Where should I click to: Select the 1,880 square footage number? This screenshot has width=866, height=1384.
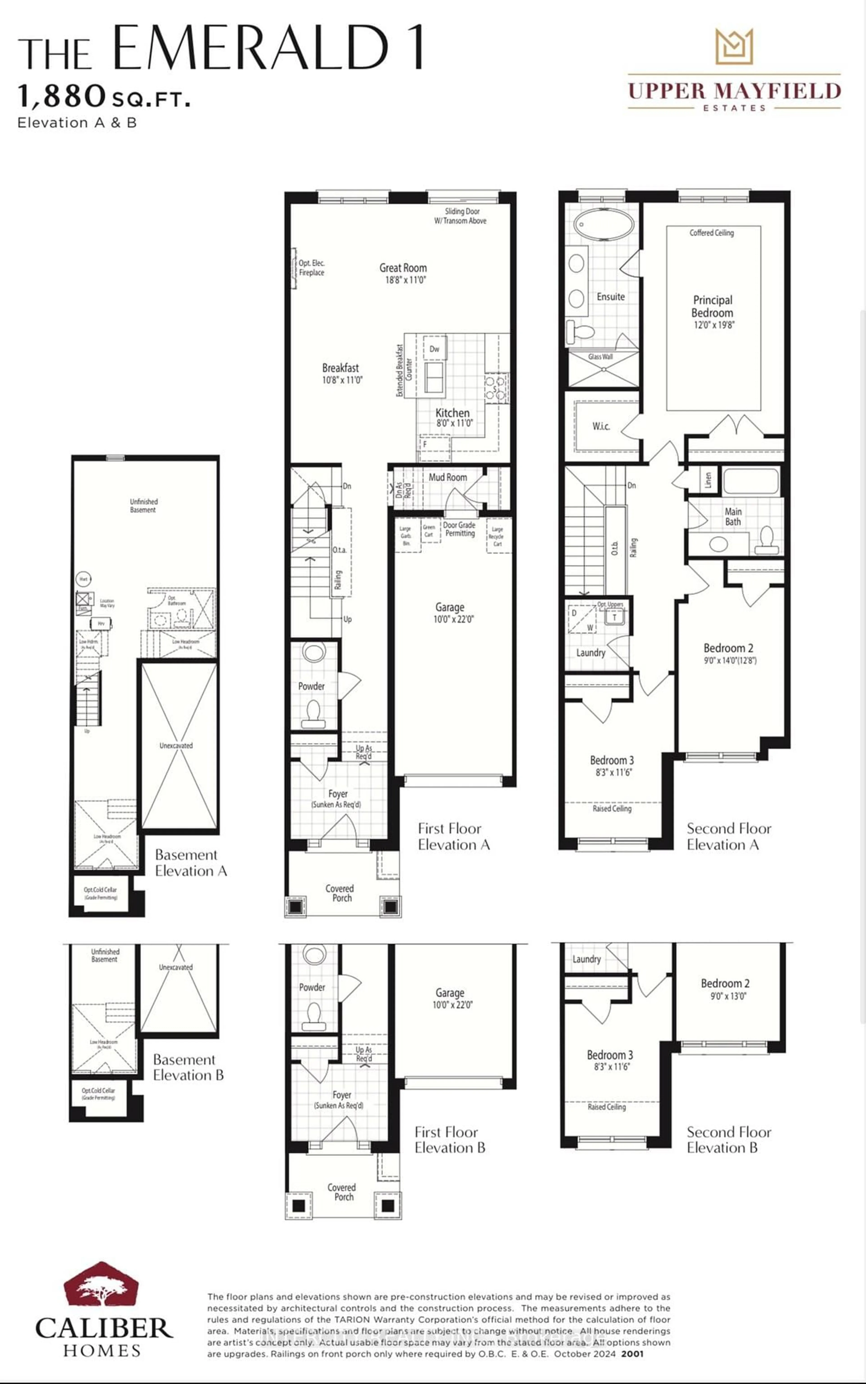[x=62, y=96]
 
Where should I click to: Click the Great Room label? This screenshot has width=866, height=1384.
[x=403, y=268]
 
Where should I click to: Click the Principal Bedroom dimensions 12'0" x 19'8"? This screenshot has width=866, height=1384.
[x=714, y=325]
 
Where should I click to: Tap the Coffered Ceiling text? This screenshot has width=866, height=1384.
[x=711, y=233]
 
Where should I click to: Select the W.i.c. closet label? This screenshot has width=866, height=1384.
[x=601, y=426]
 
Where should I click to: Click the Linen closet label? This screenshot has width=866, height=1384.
[x=708, y=480]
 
